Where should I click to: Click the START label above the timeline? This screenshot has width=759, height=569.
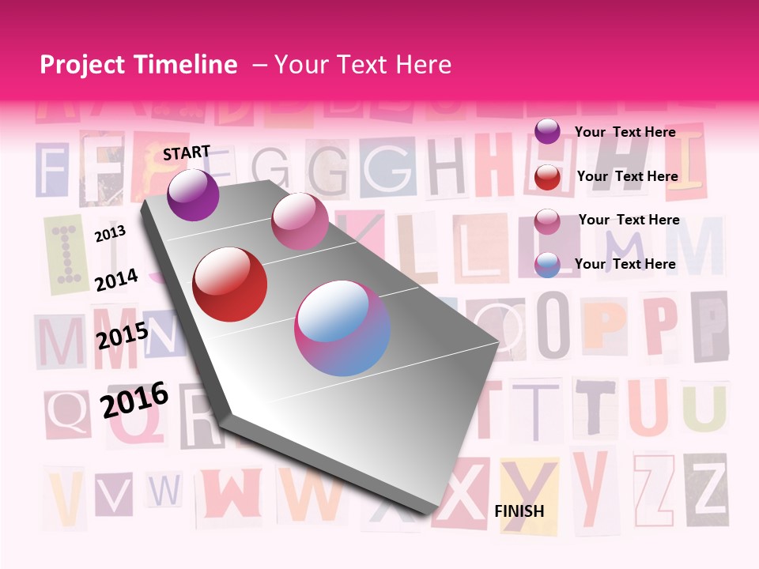pyautogui.click(x=187, y=153)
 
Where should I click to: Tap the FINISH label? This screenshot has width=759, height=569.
pyautogui.click(x=519, y=511)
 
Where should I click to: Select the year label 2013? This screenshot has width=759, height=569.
pyautogui.click(x=110, y=233)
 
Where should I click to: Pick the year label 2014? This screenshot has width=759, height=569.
pyautogui.click(x=116, y=280)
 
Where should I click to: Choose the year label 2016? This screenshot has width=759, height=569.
pyautogui.click(x=134, y=400)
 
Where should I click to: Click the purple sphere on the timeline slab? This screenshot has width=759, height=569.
pyautogui.click(x=193, y=194)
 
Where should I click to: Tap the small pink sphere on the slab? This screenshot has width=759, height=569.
pyautogui.click(x=300, y=220)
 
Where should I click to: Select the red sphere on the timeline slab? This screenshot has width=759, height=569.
pyautogui.click(x=229, y=284)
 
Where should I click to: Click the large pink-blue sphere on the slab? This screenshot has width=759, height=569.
pyautogui.click(x=342, y=328)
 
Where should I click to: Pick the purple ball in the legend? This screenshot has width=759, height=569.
pyautogui.click(x=547, y=131)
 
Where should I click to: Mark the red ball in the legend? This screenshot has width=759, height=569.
pyautogui.click(x=547, y=177)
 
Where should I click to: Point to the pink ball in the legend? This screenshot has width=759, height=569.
pyautogui.click(x=547, y=221)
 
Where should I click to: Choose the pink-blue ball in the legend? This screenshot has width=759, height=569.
pyautogui.click(x=547, y=265)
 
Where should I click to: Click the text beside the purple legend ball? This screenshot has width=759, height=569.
pyautogui.click(x=625, y=132)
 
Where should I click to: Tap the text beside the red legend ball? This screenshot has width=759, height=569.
pyautogui.click(x=627, y=176)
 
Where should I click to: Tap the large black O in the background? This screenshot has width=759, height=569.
pyautogui.click(x=554, y=324)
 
